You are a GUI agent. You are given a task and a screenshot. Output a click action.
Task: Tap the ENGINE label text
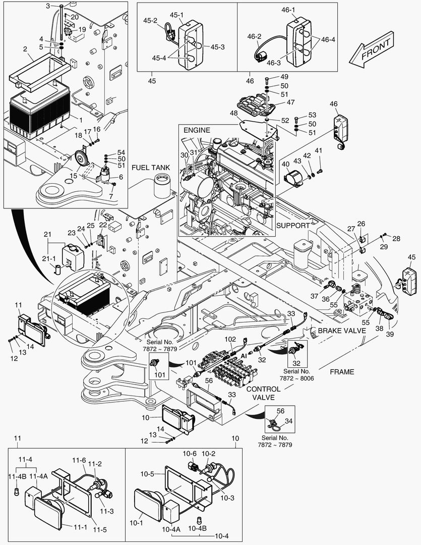point(196,130)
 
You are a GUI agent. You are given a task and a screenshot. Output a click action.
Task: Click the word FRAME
point(342,372)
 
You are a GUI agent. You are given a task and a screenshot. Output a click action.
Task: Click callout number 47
point(290,102)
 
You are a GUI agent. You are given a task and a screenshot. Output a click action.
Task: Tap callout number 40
point(285,164)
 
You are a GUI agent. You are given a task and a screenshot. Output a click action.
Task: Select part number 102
point(230,340)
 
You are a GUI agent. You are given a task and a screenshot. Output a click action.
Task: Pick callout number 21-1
point(49,258)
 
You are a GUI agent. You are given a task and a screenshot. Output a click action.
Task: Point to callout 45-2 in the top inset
point(151,21)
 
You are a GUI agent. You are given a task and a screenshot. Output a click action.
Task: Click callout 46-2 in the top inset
point(254,36)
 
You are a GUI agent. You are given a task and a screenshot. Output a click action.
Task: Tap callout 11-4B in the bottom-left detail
point(14,476)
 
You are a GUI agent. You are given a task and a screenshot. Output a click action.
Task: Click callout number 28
point(396,238)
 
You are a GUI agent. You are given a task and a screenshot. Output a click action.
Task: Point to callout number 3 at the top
point(48,6)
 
